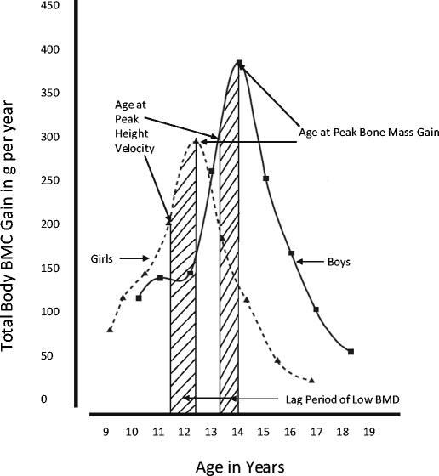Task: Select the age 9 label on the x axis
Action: (x=106, y=431)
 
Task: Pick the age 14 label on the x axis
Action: (x=238, y=431)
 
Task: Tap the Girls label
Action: (x=101, y=258)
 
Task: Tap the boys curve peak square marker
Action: (x=239, y=63)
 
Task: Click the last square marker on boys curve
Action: (x=351, y=351)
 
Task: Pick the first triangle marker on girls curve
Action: (x=110, y=329)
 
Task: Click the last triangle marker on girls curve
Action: (x=312, y=380)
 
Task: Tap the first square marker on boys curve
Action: (x=139, y=297)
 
